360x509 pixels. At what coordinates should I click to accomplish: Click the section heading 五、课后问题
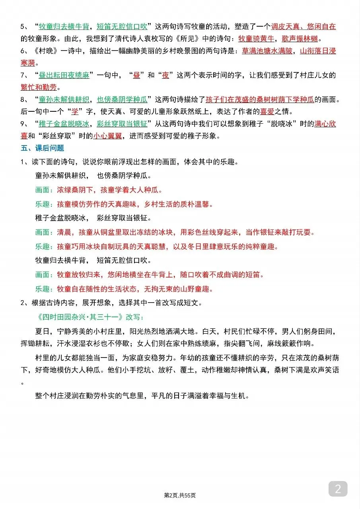[x=42, y=148]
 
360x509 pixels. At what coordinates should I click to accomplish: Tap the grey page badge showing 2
[x=338, y=489]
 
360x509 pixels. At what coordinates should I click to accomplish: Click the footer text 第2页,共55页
[x=180, y=495]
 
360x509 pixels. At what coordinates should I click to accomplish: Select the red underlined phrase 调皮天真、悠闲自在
[x=303, y=27]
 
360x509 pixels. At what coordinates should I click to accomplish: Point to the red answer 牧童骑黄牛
[x=256, y=39]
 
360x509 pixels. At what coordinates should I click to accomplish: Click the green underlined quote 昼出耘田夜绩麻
[x=64, y=75]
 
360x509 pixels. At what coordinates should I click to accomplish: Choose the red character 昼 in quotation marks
[x=136, y=75]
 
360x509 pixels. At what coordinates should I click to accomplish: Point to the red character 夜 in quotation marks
[x=165, y=75]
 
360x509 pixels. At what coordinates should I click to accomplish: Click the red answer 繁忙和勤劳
[x=39, y=87]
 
